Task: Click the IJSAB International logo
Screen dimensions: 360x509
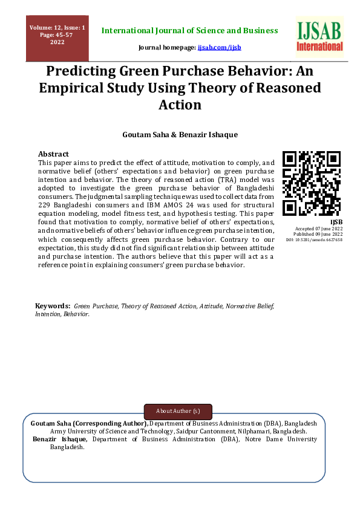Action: tap(319, 37)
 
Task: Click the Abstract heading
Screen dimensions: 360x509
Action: tap(53, 154)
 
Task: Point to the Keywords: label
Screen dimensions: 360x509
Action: tap(53, 306)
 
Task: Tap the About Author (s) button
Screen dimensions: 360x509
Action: tap(178, 411)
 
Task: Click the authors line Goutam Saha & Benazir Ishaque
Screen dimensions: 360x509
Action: tap(180, 135)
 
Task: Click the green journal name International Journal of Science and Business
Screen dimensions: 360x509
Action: tap(189, 30)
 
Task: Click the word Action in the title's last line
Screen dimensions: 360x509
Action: tap(179, 105)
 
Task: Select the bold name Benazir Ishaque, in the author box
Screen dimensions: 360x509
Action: tap(59, 439)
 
